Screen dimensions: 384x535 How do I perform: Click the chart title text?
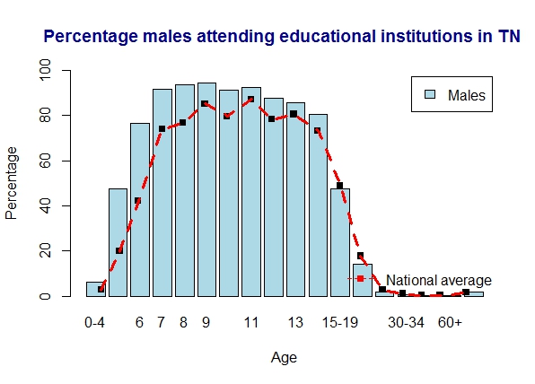point(282,37)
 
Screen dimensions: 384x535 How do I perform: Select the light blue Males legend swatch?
point(430,95)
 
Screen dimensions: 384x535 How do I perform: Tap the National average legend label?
point(438,280)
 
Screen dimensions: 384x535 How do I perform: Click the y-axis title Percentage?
point(12,183)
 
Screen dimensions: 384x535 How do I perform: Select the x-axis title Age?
point(284,357)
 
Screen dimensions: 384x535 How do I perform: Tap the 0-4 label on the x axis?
point(95,322)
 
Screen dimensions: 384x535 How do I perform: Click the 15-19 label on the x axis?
point(340,322)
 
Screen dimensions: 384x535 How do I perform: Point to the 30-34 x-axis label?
point(407,322)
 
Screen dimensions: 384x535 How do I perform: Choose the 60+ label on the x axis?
point(450,322)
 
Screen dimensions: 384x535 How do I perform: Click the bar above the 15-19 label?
point(340,242)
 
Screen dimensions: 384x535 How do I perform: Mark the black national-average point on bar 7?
point(162,128)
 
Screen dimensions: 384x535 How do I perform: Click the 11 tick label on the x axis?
point(251,322)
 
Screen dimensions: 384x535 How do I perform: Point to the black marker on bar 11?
point(250,100)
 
